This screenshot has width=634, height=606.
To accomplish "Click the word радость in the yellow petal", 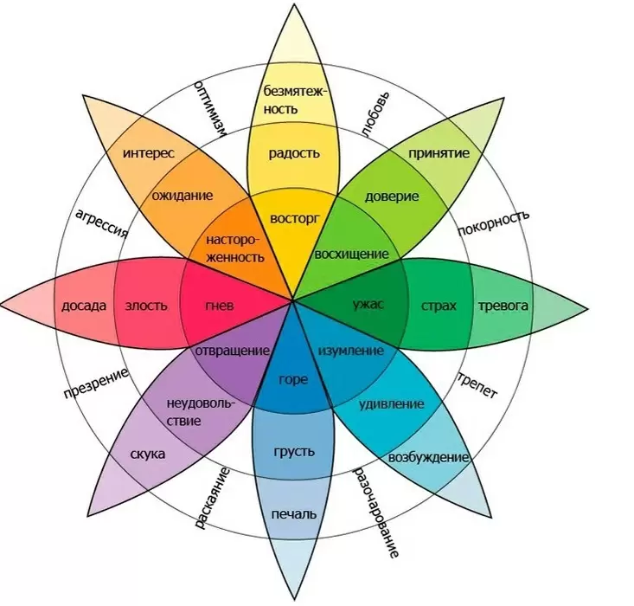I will point(294,153).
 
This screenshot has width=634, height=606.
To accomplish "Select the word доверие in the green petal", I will point(391,197).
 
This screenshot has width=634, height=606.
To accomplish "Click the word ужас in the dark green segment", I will point(368,305).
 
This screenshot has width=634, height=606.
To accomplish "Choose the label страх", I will point(439,306).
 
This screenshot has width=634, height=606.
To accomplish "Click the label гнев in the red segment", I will point(220,306).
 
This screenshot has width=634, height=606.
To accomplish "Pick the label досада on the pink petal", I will point(84,306).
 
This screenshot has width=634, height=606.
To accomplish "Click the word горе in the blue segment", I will point(294,378).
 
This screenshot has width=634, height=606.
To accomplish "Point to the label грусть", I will point(294,451).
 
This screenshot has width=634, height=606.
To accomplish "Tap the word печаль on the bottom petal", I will point(294,514).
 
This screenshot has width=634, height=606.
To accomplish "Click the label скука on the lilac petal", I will point(149,454).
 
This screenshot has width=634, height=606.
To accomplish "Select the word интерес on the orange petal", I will point(149,153).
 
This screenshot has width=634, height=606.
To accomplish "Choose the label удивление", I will point(391,404).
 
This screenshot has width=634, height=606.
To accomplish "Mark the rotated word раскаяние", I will point(212,498).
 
